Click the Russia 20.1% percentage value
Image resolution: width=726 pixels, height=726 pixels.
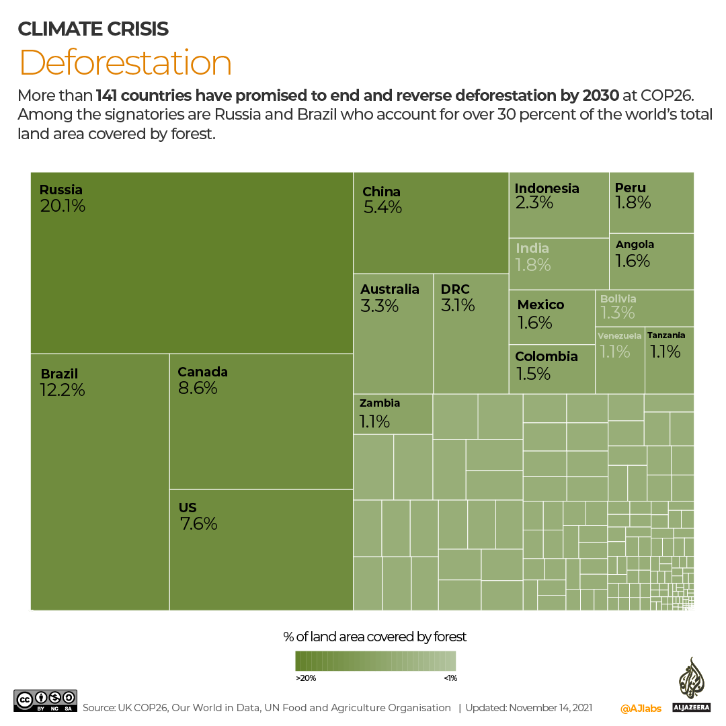click(63, 206)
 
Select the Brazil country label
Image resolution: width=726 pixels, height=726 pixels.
click(59, 374)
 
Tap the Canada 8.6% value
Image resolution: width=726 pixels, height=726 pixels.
click(198, 389)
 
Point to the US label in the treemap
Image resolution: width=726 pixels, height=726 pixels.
click(188, 508)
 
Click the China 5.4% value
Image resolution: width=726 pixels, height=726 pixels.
click(382, 208)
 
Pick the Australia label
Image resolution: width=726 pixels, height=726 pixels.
click(389, 289)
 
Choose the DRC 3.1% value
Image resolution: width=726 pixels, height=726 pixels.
click(458, 306)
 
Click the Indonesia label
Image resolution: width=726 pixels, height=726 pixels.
click(547, 188)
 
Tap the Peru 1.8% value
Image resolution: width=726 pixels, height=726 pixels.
click(633, 202)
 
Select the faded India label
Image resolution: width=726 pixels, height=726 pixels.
click(532, 248)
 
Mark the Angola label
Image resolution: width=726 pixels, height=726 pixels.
click(635, 245)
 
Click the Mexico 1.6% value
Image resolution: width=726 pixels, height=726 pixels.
click(534, 323)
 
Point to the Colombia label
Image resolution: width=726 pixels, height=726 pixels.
click(546, 356)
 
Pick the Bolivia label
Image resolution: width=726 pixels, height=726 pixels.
click(618, 298)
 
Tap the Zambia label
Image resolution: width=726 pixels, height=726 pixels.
click(380, 403)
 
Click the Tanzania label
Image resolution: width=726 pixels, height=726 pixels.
click(666, 335)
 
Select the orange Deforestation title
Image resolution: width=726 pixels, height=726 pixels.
click(126, 63)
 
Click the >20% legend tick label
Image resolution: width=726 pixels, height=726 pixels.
click(306, 678)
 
